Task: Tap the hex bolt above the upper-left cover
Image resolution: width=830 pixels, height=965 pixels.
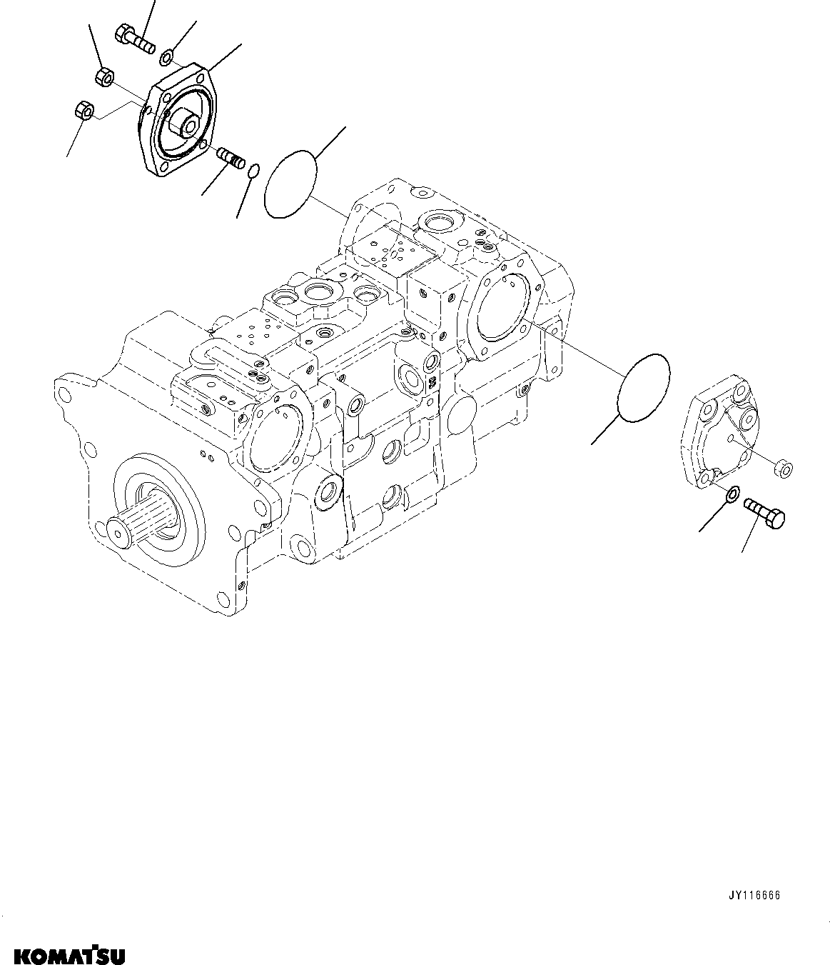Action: point(134,38)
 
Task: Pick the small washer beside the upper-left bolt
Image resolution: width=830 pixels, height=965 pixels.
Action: point(166,56)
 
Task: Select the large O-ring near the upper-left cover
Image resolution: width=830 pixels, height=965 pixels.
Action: point(291,184)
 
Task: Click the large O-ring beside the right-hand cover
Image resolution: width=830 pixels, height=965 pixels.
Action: point(642,386)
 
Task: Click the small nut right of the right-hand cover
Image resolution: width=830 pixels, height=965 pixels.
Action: point(785,469)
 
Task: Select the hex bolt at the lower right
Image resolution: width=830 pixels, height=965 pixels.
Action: point(764,513)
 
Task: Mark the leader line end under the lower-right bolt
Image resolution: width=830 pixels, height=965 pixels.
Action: point(743,551)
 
